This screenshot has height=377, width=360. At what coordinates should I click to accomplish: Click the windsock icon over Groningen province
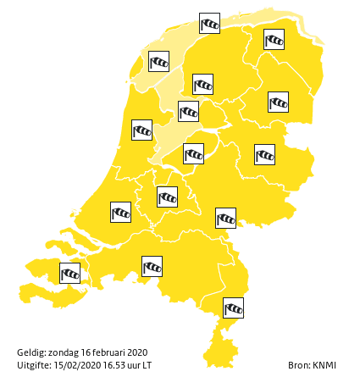[274, 39]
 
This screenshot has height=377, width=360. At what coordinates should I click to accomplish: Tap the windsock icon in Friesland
[202, 84]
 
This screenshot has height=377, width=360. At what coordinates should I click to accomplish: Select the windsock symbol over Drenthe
[278, 102]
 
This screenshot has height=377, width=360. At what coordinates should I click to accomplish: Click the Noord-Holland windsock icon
[141, 130]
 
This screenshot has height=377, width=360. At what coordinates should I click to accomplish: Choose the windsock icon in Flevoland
[193, 153]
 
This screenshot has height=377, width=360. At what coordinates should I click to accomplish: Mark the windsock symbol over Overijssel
[264, 154]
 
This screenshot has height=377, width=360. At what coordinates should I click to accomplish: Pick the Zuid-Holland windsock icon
[121, 211]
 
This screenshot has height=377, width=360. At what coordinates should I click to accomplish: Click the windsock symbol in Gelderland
[225, 218]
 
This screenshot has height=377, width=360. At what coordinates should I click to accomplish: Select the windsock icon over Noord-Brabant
[152, 267]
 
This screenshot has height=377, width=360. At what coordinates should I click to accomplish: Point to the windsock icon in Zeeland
[69, 273]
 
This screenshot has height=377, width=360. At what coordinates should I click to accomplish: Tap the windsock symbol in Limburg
[233, 308]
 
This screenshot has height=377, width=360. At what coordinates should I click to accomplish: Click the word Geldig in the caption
[30, 352]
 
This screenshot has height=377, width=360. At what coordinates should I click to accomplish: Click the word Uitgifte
[33, 365]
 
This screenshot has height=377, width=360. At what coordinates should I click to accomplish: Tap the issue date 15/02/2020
[77, 365]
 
